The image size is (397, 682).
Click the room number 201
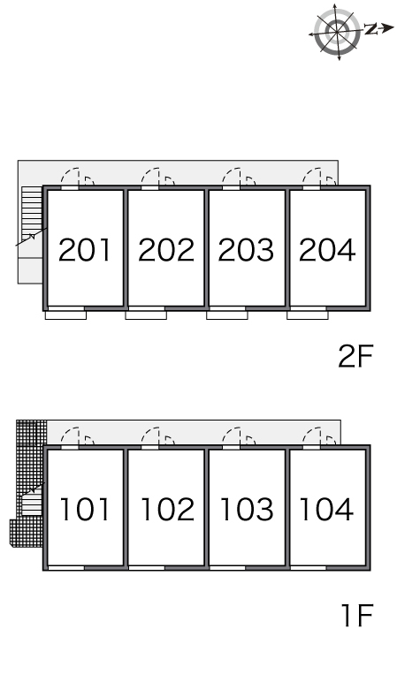point(85,250)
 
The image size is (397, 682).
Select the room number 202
point(166,250)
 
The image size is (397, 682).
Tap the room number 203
point(246,250)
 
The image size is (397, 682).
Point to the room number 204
point(327,250)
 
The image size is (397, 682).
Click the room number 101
point(85,509)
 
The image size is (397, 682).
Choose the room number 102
point(167,509)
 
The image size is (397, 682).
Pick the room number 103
point(247,509)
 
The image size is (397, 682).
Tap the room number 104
point(326,509)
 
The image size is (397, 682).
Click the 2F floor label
point(355,356)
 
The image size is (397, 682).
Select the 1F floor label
point(357,616)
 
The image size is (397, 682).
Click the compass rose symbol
point(338,33)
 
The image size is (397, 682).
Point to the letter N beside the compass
point(370,29)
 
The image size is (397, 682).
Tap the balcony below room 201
point(65,314)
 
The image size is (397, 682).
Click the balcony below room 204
point(308,314)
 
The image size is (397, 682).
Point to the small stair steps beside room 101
point(32,502)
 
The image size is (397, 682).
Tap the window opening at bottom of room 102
point(147,568)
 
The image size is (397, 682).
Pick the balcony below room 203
point(227,314)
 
